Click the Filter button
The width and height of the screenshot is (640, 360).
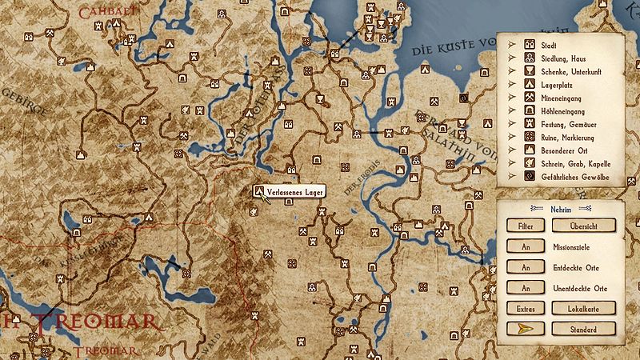526,227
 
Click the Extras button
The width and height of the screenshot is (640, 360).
526,308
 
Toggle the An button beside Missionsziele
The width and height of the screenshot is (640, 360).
526,247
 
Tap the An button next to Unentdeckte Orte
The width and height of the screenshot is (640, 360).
526,287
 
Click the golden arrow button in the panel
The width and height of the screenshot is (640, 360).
526,329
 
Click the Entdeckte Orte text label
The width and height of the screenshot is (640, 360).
576,267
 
